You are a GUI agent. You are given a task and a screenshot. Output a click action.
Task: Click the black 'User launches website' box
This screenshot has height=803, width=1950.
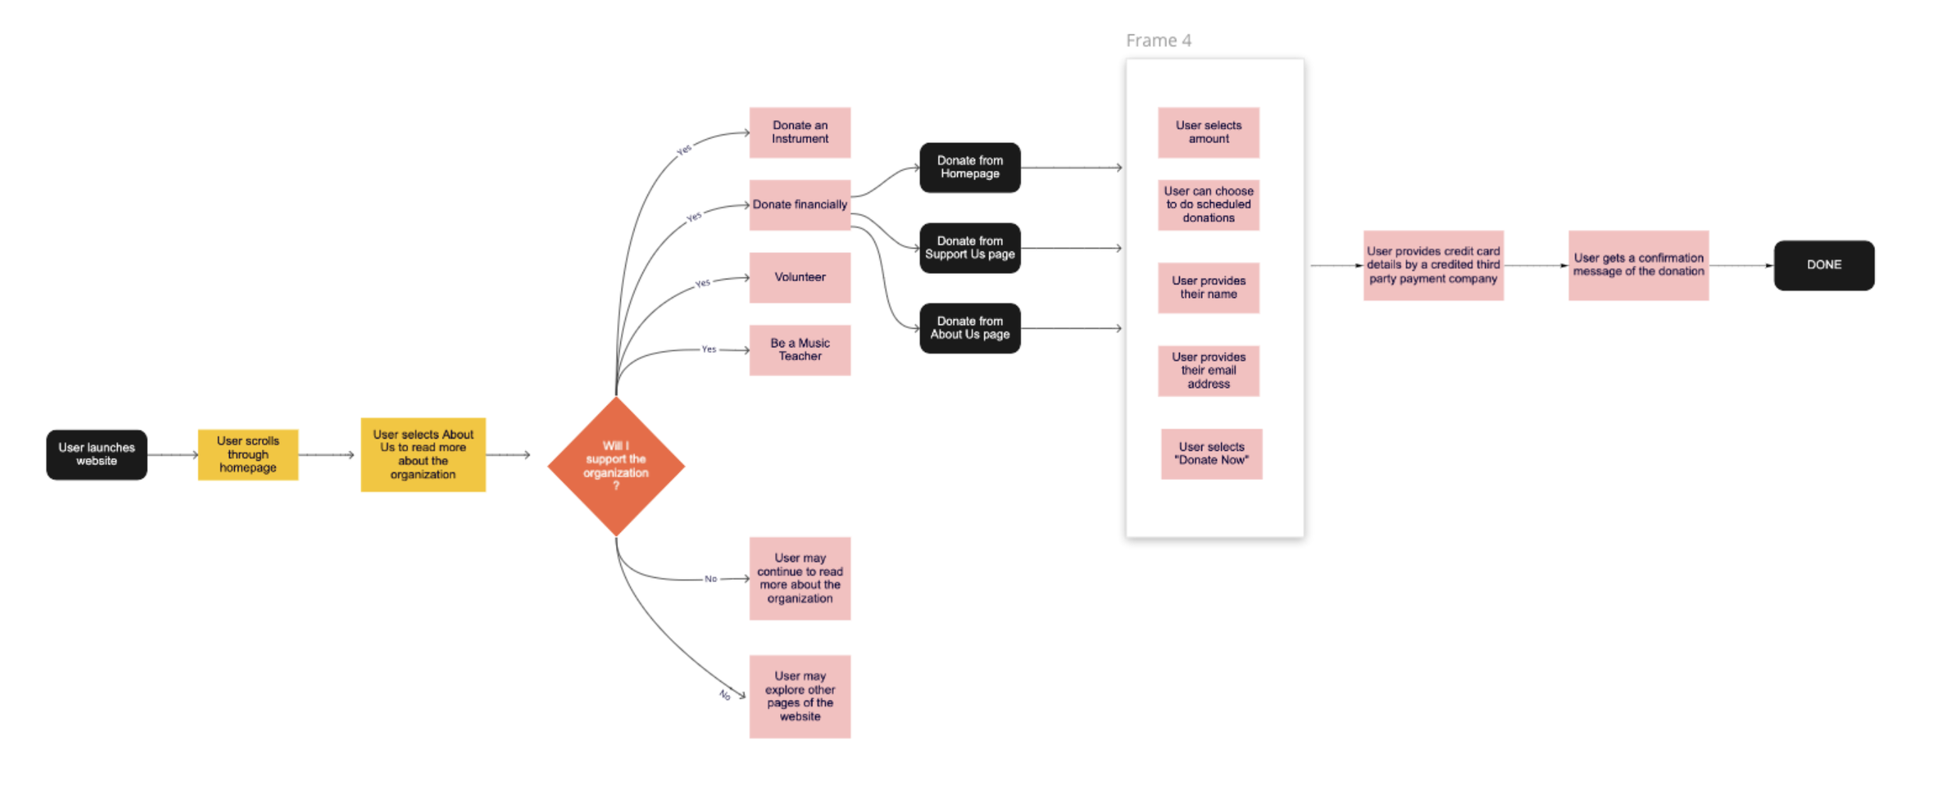97,454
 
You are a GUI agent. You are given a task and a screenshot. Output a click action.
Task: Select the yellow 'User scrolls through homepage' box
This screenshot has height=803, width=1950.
248,454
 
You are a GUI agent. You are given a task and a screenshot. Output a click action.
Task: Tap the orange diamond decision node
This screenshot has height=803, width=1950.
616,466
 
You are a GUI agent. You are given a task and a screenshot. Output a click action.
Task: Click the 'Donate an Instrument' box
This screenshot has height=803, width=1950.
799,133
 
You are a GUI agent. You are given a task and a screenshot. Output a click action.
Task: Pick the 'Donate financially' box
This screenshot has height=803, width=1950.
799,204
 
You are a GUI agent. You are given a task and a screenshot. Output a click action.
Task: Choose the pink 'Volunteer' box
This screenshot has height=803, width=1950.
799,277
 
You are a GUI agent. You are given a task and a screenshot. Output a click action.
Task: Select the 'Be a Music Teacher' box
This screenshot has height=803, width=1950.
799,350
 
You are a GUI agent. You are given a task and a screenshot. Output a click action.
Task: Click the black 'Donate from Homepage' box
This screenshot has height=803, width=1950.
970,167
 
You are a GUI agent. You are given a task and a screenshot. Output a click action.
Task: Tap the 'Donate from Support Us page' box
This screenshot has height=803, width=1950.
970,247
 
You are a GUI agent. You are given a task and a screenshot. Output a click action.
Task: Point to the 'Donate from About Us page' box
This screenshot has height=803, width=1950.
970,328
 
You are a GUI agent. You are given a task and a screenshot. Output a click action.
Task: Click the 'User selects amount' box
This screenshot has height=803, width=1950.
1208,133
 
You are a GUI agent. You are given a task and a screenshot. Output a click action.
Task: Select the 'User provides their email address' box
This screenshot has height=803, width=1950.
1208,371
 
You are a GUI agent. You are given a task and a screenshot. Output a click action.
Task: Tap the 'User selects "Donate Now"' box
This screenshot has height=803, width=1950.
1211,453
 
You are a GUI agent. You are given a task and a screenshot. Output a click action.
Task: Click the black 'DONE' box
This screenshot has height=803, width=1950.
1824,265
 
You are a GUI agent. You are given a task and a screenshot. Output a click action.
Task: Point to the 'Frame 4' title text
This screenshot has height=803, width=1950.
1158,41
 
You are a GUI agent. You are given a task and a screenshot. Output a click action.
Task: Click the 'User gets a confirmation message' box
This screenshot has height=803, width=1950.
1638,265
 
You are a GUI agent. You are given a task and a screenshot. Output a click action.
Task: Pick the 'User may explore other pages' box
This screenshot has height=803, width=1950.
799,696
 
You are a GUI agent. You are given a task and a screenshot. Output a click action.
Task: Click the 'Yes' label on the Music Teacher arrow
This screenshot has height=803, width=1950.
708,349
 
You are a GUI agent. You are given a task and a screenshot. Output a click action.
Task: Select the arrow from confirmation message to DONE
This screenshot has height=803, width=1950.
1741,265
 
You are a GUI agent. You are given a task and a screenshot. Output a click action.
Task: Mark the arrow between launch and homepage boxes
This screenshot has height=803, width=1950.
172,454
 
